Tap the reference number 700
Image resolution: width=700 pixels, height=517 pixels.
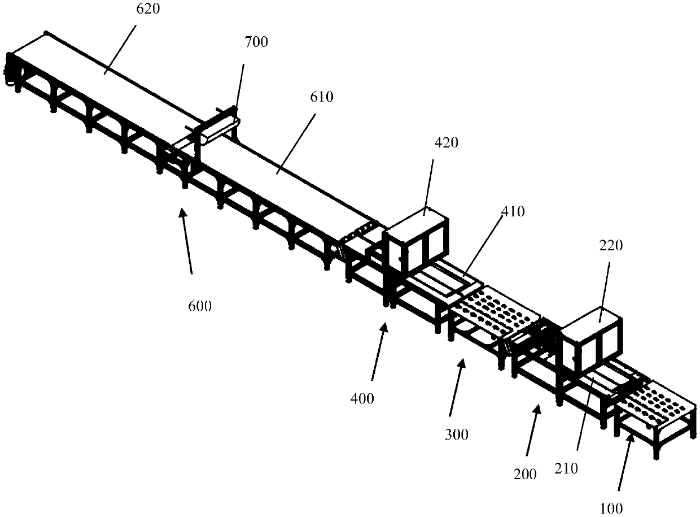257,42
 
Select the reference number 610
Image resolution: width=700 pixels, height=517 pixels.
322,97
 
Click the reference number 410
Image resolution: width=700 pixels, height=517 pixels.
513,212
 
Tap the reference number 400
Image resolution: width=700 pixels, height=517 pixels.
362,398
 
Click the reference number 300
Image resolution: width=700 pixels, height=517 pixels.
456,435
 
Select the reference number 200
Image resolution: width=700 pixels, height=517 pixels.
526,474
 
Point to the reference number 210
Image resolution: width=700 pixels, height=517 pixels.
567,469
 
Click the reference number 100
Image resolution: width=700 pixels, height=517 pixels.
611,508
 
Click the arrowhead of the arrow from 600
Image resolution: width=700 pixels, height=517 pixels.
181,210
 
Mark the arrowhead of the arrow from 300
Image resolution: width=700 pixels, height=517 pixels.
463,360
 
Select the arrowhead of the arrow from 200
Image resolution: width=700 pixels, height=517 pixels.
539,406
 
